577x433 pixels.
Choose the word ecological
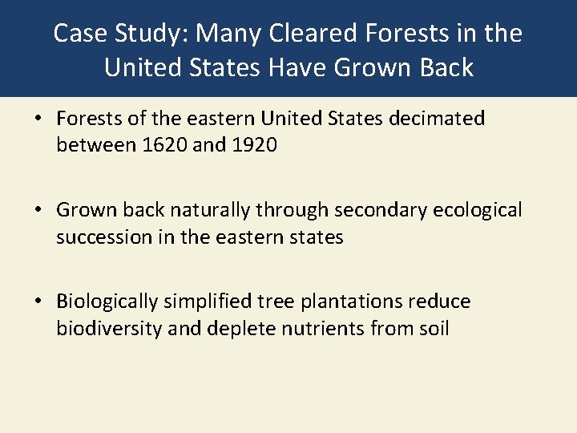point(478,211)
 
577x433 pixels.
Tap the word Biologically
point(107,302)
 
